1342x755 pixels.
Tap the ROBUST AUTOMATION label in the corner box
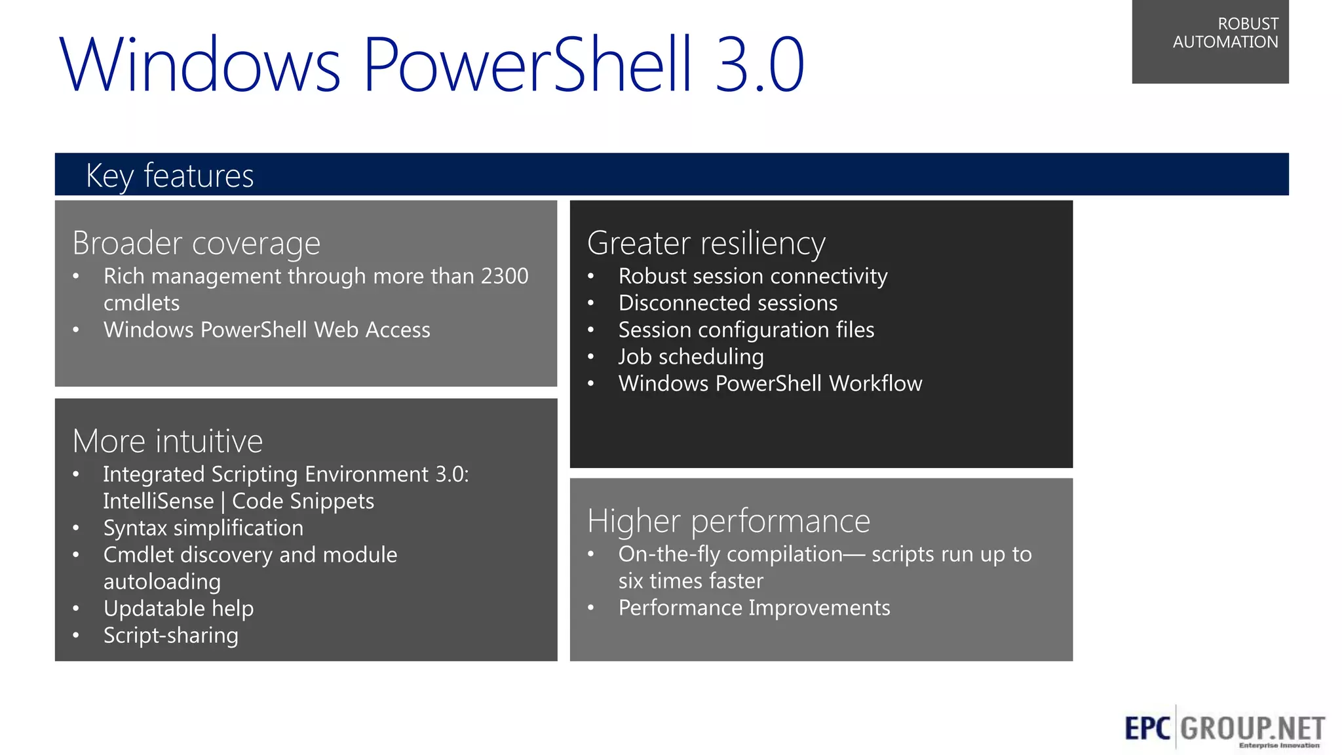coord(1225,33)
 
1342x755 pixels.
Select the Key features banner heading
coord(170,176)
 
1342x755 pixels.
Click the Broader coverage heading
coord(196,243)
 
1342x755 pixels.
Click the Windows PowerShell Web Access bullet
coord(267,330)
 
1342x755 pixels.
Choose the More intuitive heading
coord(167,441)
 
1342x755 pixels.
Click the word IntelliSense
coord(158,501)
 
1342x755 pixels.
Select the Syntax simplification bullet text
coord(203,528)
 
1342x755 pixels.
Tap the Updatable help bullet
coord(178,609)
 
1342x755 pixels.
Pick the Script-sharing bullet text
coord(170,636)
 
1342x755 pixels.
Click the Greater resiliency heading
coord(706,243)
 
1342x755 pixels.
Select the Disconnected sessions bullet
coord(727,303)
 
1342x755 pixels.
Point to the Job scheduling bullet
coord(691,357)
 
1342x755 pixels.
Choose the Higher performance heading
coord(728,521)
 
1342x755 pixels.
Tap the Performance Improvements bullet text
coord(754,608)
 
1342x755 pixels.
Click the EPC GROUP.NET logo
coord(1224,728)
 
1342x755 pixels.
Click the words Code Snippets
coord(303,501)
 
